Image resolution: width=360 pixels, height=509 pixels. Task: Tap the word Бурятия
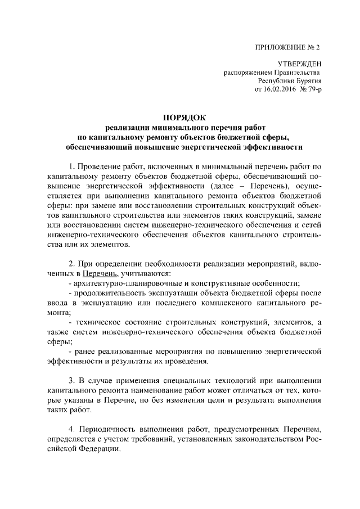(x=307, y=80)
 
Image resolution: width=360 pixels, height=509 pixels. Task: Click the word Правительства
(x=298, y=73)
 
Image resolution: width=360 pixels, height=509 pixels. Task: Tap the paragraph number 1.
(x=71, y=166)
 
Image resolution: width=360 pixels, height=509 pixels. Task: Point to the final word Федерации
(x=93, y=449)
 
